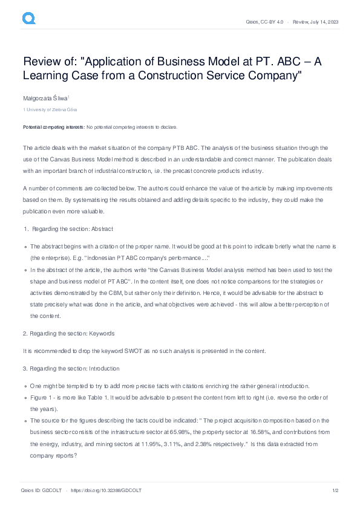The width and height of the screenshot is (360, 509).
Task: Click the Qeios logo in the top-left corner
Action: pyautogui.click(x=28, y=19)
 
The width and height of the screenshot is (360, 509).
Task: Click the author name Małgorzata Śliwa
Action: pyautogui.click(x=46, y=97)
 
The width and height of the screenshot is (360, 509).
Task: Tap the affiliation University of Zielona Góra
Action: pyautogui.click(x=51, y=109)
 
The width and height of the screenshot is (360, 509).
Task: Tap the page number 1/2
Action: pyautogui.click(x=334, y=490)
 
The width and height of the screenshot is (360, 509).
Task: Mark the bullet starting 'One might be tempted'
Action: pyautogui.click(x=169, y=385)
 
